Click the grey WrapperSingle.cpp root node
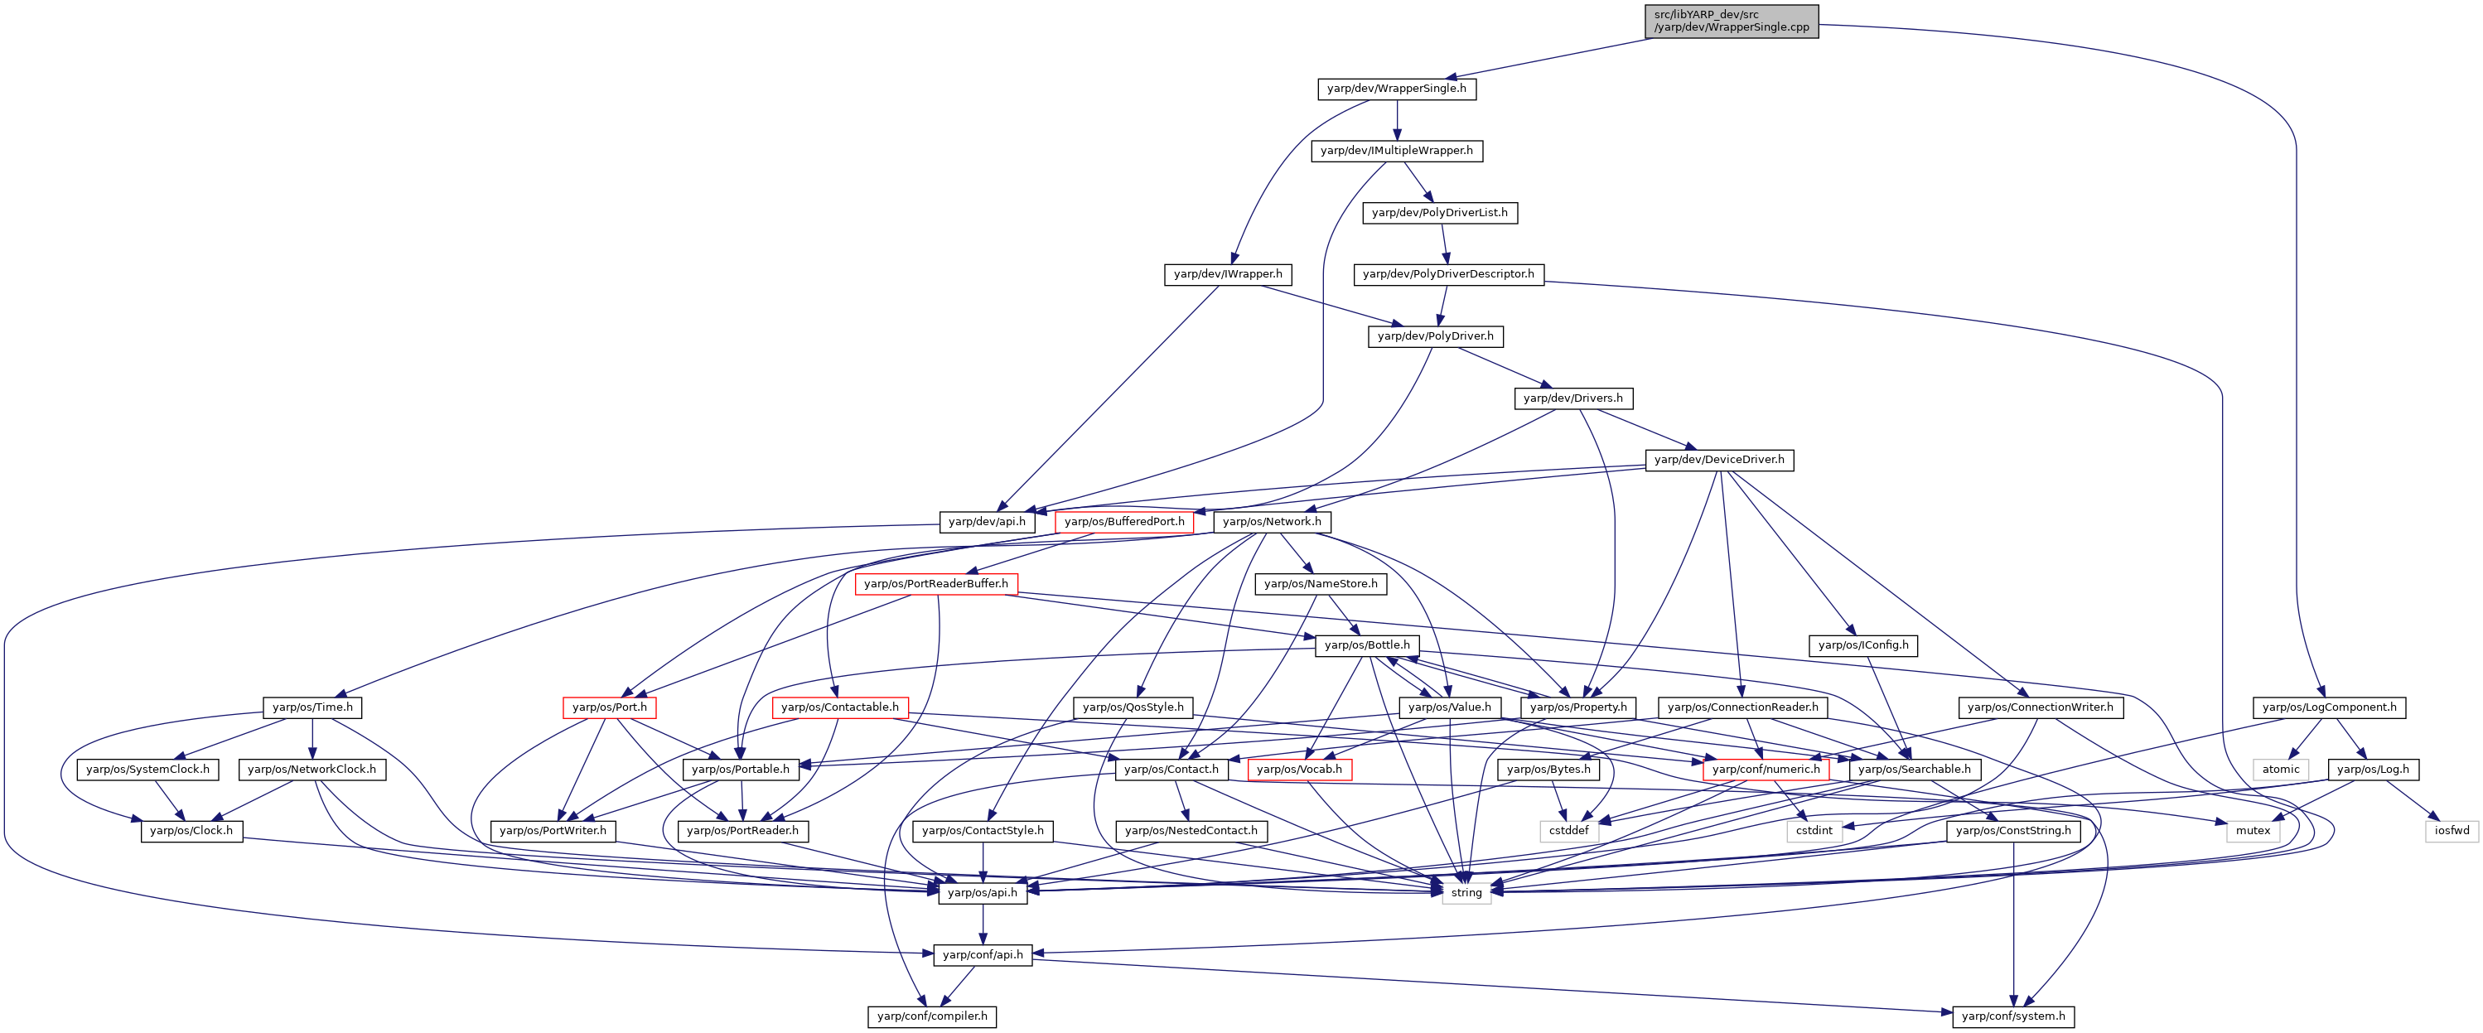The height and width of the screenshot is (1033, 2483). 1732,22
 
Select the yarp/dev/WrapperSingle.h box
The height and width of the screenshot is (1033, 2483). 1397,89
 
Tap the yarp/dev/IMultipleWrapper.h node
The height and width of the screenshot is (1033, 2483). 1397,150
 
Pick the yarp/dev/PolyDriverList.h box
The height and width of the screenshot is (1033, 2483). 1439,212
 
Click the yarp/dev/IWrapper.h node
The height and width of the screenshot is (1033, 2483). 1227,275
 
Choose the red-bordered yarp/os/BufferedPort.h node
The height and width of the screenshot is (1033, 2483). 1124,521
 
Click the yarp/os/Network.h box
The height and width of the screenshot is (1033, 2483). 1272,521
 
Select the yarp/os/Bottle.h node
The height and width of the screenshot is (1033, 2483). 1367,645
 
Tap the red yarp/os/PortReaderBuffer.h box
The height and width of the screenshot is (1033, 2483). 936,584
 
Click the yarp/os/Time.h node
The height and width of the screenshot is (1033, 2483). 312,707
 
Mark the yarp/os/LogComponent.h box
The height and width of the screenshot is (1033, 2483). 2329,707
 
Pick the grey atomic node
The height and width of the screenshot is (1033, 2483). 2281,769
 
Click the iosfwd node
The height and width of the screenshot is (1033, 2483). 2452,831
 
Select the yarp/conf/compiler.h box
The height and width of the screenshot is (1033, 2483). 932,1016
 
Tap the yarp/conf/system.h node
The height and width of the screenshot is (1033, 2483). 2013,1016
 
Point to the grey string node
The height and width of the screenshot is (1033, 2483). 1466,893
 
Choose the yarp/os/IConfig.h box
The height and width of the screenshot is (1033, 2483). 1862,645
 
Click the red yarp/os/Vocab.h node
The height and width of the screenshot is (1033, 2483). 1299,769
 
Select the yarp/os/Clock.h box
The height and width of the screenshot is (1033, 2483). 191,831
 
